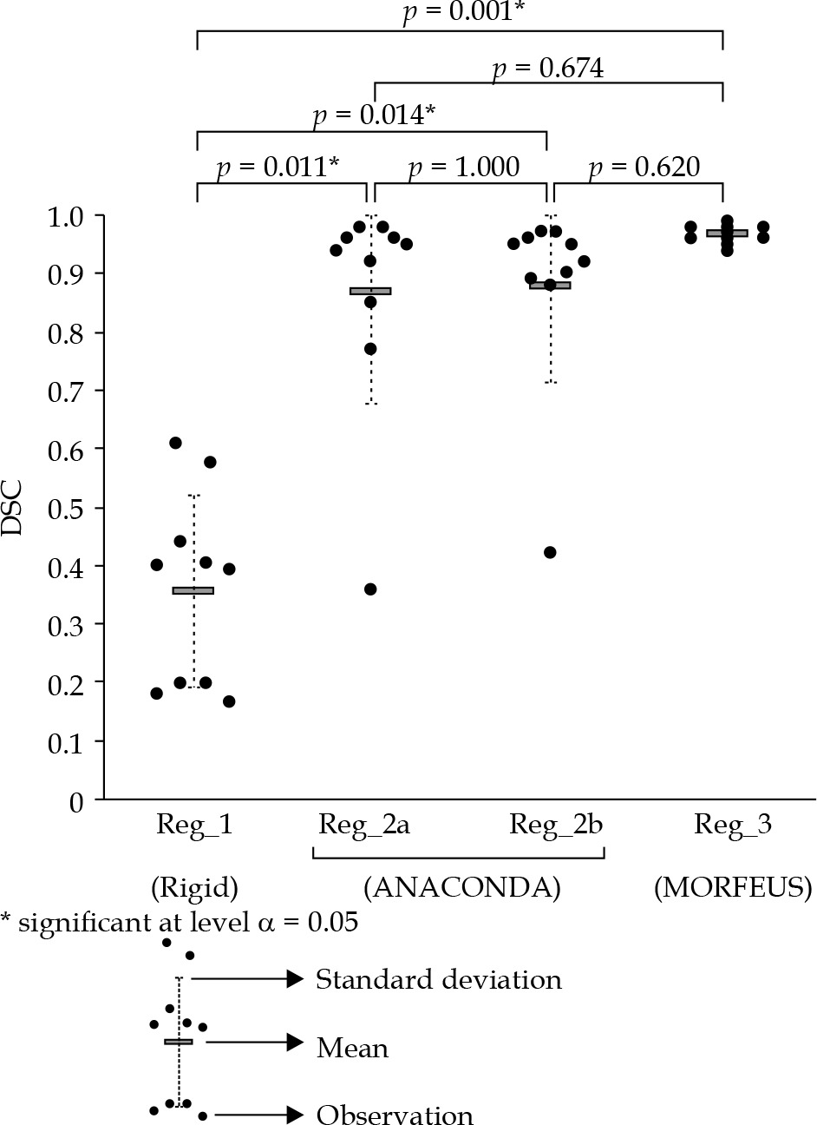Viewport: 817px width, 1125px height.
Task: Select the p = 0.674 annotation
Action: pyautogui.click(x=547, y=69)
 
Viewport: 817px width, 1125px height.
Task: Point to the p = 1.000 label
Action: pyautogui.click(x=464, y=167)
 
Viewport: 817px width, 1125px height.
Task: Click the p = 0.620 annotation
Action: pyautogui.click(x=643, y=167)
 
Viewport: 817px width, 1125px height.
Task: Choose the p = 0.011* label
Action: pyautogui.click(x=278, y=167)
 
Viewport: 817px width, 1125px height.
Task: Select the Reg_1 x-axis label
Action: pyautogui.click(x=193, y=824)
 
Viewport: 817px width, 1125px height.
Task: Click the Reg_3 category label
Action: pyautogui.click(x=733, y=824)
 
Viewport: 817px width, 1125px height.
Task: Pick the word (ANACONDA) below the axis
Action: pyautogui.click(x=462, y=888)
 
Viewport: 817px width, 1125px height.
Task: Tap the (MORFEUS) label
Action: pyautogui.click(x=733, y=888)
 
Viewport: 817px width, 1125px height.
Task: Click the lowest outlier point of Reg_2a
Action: pyautogui.click(x=370, y=589)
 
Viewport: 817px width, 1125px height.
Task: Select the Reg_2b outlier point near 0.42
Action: pyautogui.click(x=550, y=552)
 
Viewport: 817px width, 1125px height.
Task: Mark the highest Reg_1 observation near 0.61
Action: pyautogui.click(x=175, y=443)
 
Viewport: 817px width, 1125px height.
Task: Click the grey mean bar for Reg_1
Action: pyautogui.click(x=193, y=590)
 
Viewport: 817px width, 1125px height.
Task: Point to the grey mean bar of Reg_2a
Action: pyautogui.click(x=370, y=291)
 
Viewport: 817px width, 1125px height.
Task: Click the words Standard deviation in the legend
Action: pyautogui.click(x=438, y=980)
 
